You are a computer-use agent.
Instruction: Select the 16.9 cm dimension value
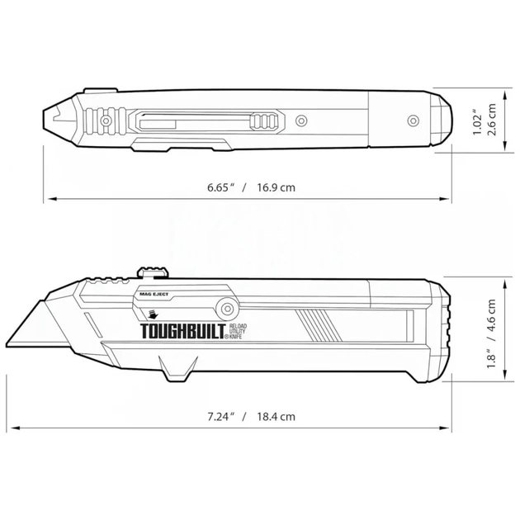pyautogui.click(x=277, y=188)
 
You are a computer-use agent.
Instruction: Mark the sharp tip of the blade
pyautogui.click(x=11, y=344)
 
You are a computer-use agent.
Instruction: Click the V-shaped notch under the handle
pyautogui.click(x=176, y=371)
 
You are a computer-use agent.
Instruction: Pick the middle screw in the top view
pyautogui.click(x=302, y=121)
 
